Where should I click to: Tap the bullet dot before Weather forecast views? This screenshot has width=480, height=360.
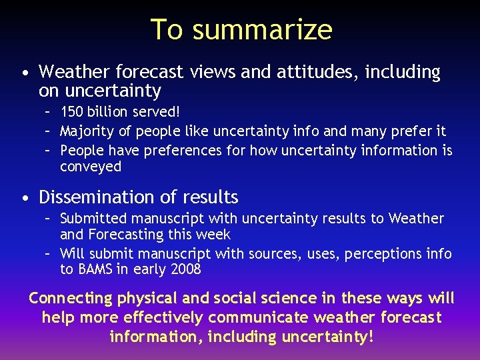coord(24,73)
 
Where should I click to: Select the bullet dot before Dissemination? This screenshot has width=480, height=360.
coord(24,198)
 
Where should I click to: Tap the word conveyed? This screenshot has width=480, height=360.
coord(91,167)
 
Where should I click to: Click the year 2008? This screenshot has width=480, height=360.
coord(185,270)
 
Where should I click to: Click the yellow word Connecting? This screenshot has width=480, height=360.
coord(71,298)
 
